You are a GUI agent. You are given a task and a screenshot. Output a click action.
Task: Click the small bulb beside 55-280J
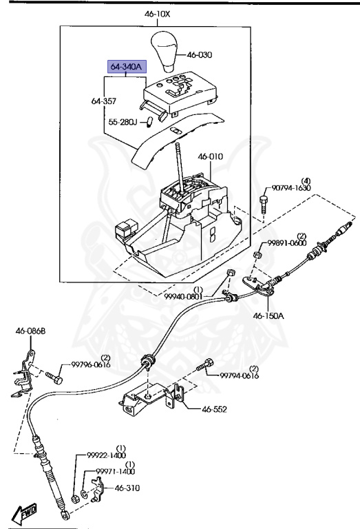pyautogui.click(x=149, y=122)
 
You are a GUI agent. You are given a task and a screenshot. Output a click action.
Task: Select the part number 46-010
pyautogui.click(x=211, y=157)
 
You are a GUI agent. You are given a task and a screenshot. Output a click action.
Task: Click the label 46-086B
pyautogui.click(x=30, y=331)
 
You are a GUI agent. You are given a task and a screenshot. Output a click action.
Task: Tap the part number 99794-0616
pyautogui.click(x=239, y=375)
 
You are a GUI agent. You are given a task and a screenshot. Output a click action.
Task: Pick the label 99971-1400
pyautogui.click(x=115, y=472)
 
